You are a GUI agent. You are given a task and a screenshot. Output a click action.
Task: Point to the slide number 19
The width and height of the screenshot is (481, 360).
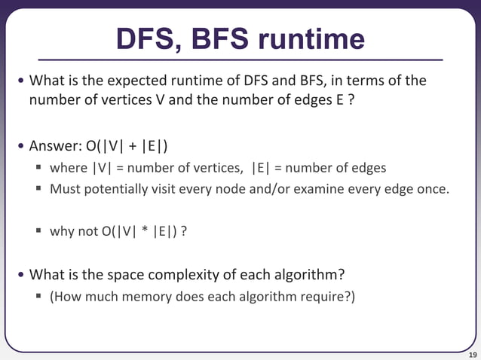click(x=473, y=354)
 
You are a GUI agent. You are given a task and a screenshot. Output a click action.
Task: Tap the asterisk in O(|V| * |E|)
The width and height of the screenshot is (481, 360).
click(x=142, y=231)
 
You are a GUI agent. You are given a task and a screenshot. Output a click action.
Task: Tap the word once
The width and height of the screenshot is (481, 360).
click(x=432, y=188)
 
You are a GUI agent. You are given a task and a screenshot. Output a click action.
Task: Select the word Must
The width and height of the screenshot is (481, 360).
click(x=64, y=188)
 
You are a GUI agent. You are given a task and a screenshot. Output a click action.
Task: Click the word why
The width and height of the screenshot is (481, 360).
click(x=61, y=231)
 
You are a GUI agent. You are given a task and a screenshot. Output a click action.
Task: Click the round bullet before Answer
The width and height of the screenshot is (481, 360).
click(x=21, y=145)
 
